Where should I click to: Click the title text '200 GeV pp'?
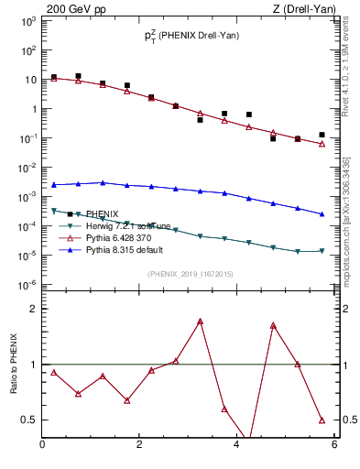[x=74, y=9]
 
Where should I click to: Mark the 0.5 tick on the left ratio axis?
[x=28, y=420]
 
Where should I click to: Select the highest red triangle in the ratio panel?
[x=200, y=322]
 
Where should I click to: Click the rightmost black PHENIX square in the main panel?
[x=322, y=135]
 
